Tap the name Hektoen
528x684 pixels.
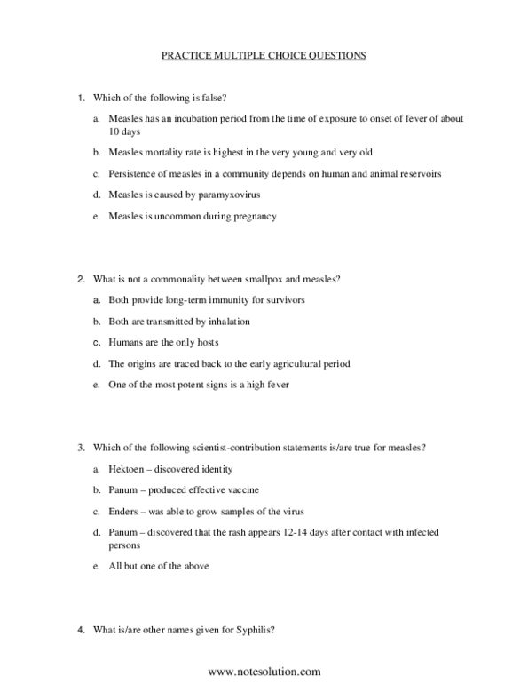(125, 469)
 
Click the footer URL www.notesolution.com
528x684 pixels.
(264, 672)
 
